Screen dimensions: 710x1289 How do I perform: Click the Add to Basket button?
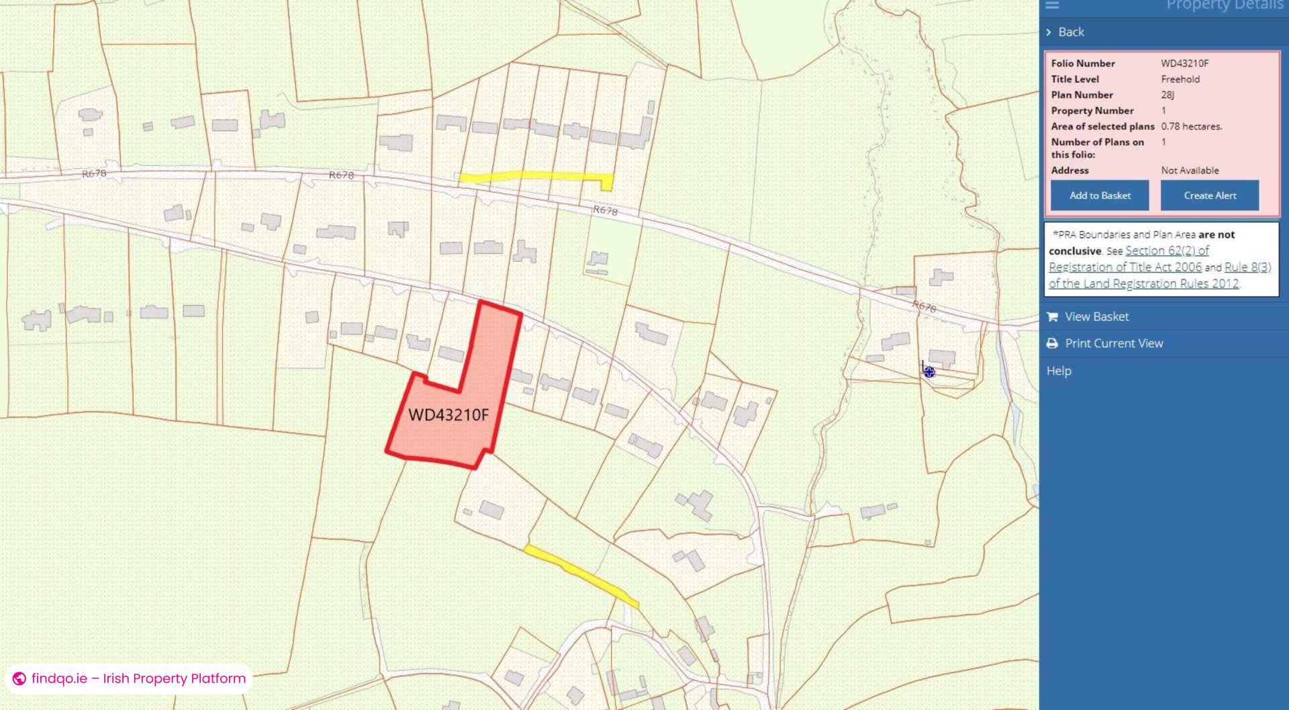pyautogui.click(x=1100, y=195)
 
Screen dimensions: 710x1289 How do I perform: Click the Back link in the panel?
pyautogui.click(x=1070, y=32)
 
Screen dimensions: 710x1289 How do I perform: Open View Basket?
pyautogui.click(x=1096, y=316)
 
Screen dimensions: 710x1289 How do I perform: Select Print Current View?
pyautogui.click(x=1114, y=343)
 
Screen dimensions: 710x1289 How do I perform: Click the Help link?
pyautogui.click(x=1059, y=371)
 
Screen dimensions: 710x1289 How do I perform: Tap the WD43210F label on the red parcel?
pyautogui.click(x=448, y=415)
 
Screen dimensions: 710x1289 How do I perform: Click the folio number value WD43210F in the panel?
pyautogui.click(x=1185, y=63)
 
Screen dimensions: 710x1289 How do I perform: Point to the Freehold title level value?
pyautogui.click(x=1180, y=79)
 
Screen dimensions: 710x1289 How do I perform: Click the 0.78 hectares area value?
pyautogui.click(x=1191, y=126)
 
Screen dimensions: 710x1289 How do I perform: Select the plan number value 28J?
pyautogui.click(x=1167, y=95)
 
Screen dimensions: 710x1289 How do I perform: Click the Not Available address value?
pyautogui.click(x=1190, y=171)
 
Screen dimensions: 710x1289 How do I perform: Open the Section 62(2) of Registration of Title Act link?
pyautogui.click(x=1166, y=251)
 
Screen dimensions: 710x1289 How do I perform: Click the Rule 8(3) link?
pyautogui.click(x=1247, y=267)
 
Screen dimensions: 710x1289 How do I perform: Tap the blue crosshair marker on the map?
pyautogui.click(x=928, y=371)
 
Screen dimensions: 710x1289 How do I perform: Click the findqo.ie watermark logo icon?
pyautogui.click(x=19, y=678)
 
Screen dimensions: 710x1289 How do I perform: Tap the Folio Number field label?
pyautogui.click(x=1083, y=63)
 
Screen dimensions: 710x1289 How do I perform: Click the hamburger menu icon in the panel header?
pyautogui.click(x=1052, y=5)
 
